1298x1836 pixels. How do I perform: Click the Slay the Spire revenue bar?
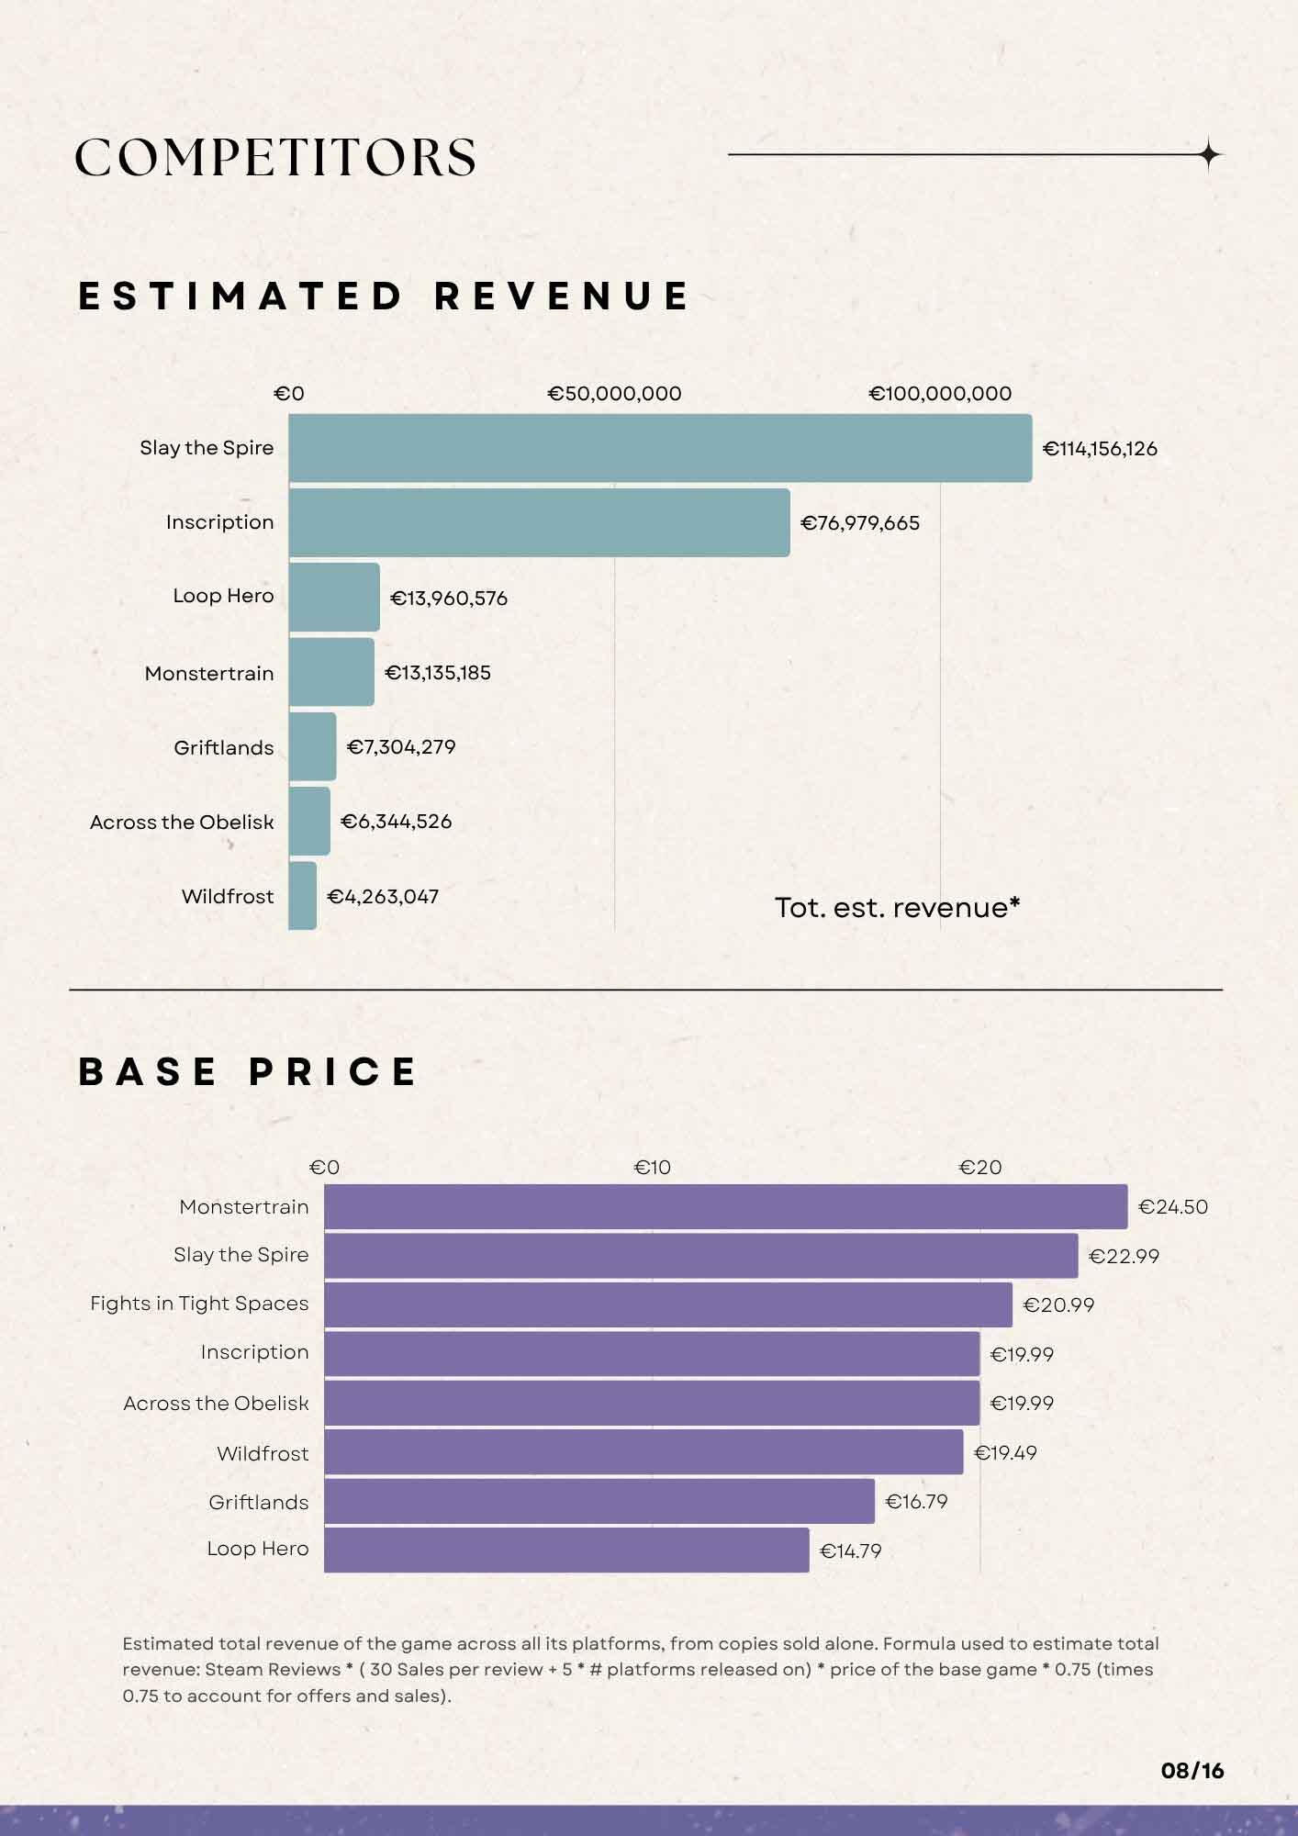tap(660, 448)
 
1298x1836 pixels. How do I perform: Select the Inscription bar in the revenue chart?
tap(539, 522)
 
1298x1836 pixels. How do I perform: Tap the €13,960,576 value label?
tap(449, 599)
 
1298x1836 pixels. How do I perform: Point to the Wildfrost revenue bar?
tap(303, 895)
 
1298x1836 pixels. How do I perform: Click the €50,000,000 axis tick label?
tap(614, 394)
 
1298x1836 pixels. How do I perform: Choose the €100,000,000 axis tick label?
tap(940, 394)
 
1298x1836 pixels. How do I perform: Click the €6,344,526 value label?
tap(397, 822)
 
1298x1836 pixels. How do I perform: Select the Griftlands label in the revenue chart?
tap(224, 747)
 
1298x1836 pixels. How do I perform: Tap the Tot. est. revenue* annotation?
tap(898, 907)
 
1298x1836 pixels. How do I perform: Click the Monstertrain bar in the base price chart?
tap(726, 1206)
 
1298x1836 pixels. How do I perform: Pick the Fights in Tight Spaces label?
tap(199, 1304)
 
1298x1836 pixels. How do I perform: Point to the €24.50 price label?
tap(1173, 1207)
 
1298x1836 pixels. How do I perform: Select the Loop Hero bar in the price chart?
tap(567, 1550)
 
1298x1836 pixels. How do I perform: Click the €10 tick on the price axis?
tap(652, 1168)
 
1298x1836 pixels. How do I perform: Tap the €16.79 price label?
tap(916, 1502)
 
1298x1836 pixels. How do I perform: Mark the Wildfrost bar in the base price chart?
tap(644, 1452)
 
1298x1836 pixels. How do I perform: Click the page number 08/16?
tap(1192, 1771)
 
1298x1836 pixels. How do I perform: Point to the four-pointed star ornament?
tap(1210, 155)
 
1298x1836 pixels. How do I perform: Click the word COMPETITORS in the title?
tap(275, 158)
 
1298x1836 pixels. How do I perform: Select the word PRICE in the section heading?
tap(333, 1072)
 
